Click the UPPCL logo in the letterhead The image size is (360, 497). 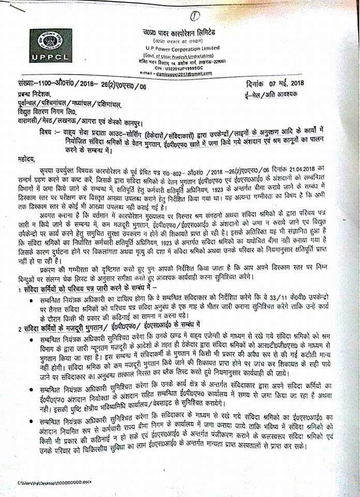pos(51,46)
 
